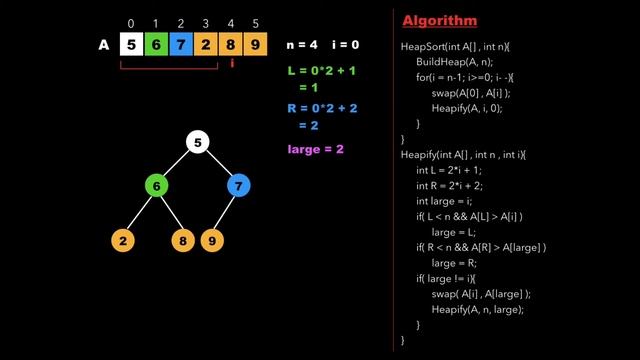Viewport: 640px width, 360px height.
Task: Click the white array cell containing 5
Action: click(131, 45)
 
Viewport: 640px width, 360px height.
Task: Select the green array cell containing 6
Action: click(156, 45)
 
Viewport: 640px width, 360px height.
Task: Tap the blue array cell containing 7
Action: click(181, 45)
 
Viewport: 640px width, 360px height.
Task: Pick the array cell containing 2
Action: click(206, 45)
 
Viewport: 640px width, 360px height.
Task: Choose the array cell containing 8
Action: click(232, 45)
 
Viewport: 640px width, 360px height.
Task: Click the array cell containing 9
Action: click(257, 45)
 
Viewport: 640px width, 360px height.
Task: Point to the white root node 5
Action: click(198, 142)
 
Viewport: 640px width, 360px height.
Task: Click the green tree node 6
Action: click(156, 186)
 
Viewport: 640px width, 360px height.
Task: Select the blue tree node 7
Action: click(239, 186)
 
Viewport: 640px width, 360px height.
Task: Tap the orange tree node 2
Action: click(122, 240)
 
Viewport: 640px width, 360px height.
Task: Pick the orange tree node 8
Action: click(183, 240)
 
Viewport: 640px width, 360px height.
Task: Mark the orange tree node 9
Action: click(212, 240)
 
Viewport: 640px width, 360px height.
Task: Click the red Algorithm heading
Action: click(439, 21)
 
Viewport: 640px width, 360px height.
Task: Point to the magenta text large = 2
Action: click(315, 149)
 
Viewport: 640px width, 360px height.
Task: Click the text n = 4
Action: click(302, 45)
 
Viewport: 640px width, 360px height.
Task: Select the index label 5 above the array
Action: click(257, 23)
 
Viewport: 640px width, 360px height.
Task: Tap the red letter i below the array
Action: click(232, 63)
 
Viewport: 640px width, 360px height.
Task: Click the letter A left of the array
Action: click(104, 45)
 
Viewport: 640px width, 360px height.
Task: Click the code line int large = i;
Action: click(453, 200)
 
